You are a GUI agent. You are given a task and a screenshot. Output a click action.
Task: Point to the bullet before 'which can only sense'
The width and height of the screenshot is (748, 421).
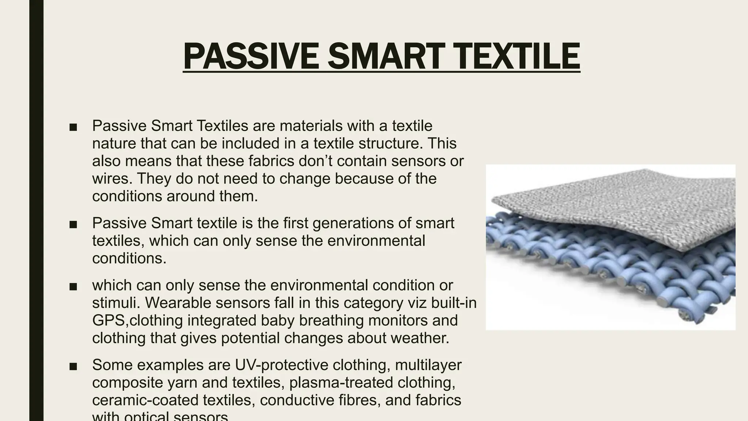pos(73,287)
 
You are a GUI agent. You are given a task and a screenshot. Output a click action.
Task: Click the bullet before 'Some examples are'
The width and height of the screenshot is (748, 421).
pos(73,366)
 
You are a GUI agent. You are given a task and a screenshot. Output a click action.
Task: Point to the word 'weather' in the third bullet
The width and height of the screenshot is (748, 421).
pos(418,338)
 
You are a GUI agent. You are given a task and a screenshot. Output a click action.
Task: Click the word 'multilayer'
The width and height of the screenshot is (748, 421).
pos(428,365)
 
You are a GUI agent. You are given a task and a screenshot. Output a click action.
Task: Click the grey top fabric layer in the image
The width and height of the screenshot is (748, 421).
pos(621,205)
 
